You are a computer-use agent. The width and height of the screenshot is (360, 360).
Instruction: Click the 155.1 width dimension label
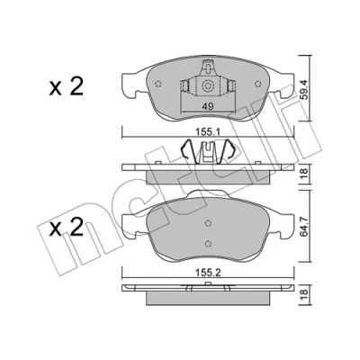208,131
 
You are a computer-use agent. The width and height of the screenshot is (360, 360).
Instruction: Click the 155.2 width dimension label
208,273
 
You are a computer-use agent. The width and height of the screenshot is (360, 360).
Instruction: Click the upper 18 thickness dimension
305,174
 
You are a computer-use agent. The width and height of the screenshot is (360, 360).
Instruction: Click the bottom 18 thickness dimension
305,295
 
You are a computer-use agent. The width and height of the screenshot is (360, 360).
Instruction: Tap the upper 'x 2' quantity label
66,87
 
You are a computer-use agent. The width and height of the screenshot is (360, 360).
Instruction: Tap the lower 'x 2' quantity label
66,227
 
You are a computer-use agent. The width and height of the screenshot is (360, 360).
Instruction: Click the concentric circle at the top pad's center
207,86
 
